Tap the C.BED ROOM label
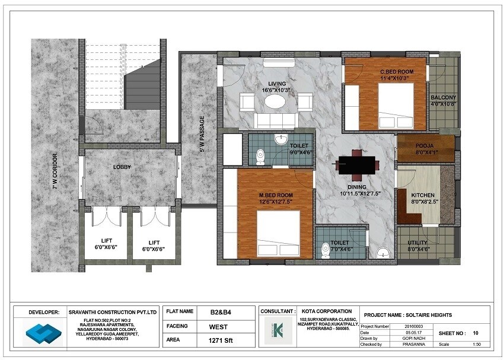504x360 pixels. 397,72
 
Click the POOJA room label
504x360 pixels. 423,145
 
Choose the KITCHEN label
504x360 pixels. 423,195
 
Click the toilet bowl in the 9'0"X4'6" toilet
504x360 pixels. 260,157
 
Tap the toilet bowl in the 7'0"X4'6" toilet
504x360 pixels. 325,250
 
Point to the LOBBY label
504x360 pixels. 122,167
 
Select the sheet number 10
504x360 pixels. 476,333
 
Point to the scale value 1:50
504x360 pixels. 476,345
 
